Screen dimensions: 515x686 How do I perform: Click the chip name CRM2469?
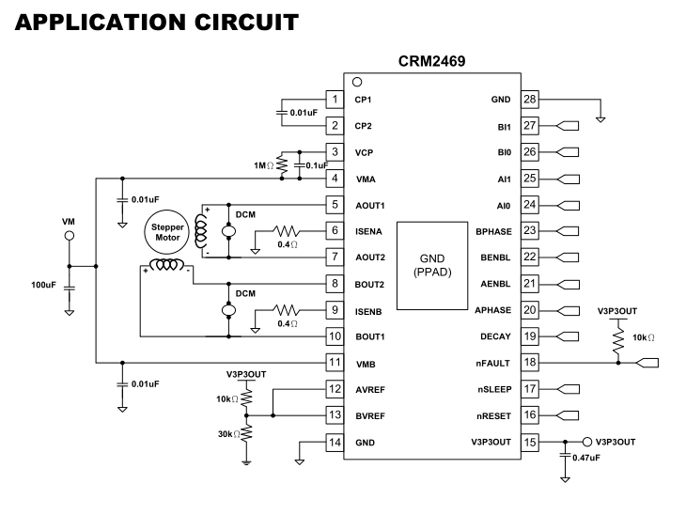(x=432, y=63)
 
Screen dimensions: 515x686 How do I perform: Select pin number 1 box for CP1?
(x=333, y=99)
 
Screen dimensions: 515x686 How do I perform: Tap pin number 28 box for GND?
(x=531, y=99)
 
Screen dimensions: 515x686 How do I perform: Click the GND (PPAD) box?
(x=431, y=265)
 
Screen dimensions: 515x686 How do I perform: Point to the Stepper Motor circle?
(x=165, y=231)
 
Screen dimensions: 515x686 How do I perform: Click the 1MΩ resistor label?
(x=264, y=165)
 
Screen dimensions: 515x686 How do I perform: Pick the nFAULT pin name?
(x=493, y=362)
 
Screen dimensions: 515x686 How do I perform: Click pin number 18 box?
(x=531, y=362)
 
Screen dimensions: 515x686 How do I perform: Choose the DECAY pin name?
(x=495, y=336)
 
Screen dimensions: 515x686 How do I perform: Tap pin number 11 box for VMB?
(x=333, y=362)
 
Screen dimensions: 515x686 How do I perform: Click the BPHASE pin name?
(x=492, y=230)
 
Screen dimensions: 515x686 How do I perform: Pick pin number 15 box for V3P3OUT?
(x=531, y=441)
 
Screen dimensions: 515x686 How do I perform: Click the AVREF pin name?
(x=371, y=388)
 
